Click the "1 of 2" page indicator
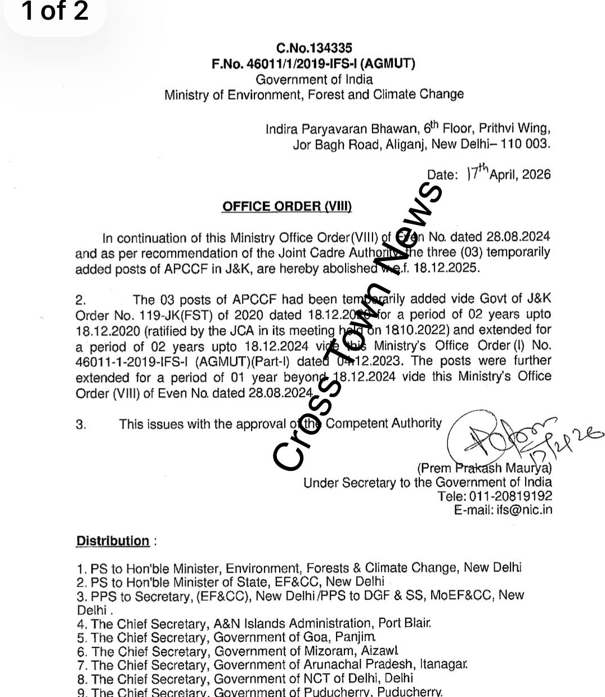55,11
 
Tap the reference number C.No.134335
314,49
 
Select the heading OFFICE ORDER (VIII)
287,206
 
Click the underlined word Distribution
113,541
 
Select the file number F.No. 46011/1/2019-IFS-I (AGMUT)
313,64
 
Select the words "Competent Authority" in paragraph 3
384,423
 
